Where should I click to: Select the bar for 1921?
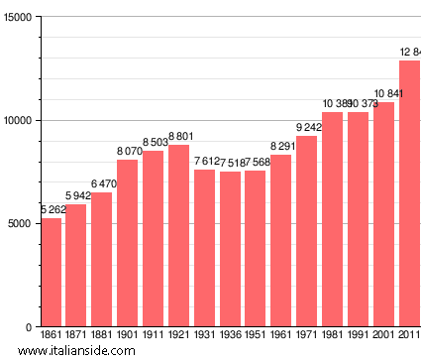[x=178, y=236]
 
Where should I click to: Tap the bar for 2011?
[x=409, y=193]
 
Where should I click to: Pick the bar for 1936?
[x=230, y=249]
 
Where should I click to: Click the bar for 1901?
[x=128, y=243]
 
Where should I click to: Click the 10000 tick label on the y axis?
[x=17, y=121]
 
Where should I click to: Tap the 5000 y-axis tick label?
[x=20, y=224]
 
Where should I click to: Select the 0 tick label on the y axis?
[x=31, y=327]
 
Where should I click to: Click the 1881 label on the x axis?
[x=102, y=336]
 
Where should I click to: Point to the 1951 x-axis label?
[x=256, y=336]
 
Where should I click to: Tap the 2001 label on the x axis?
[x=383, y=336]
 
